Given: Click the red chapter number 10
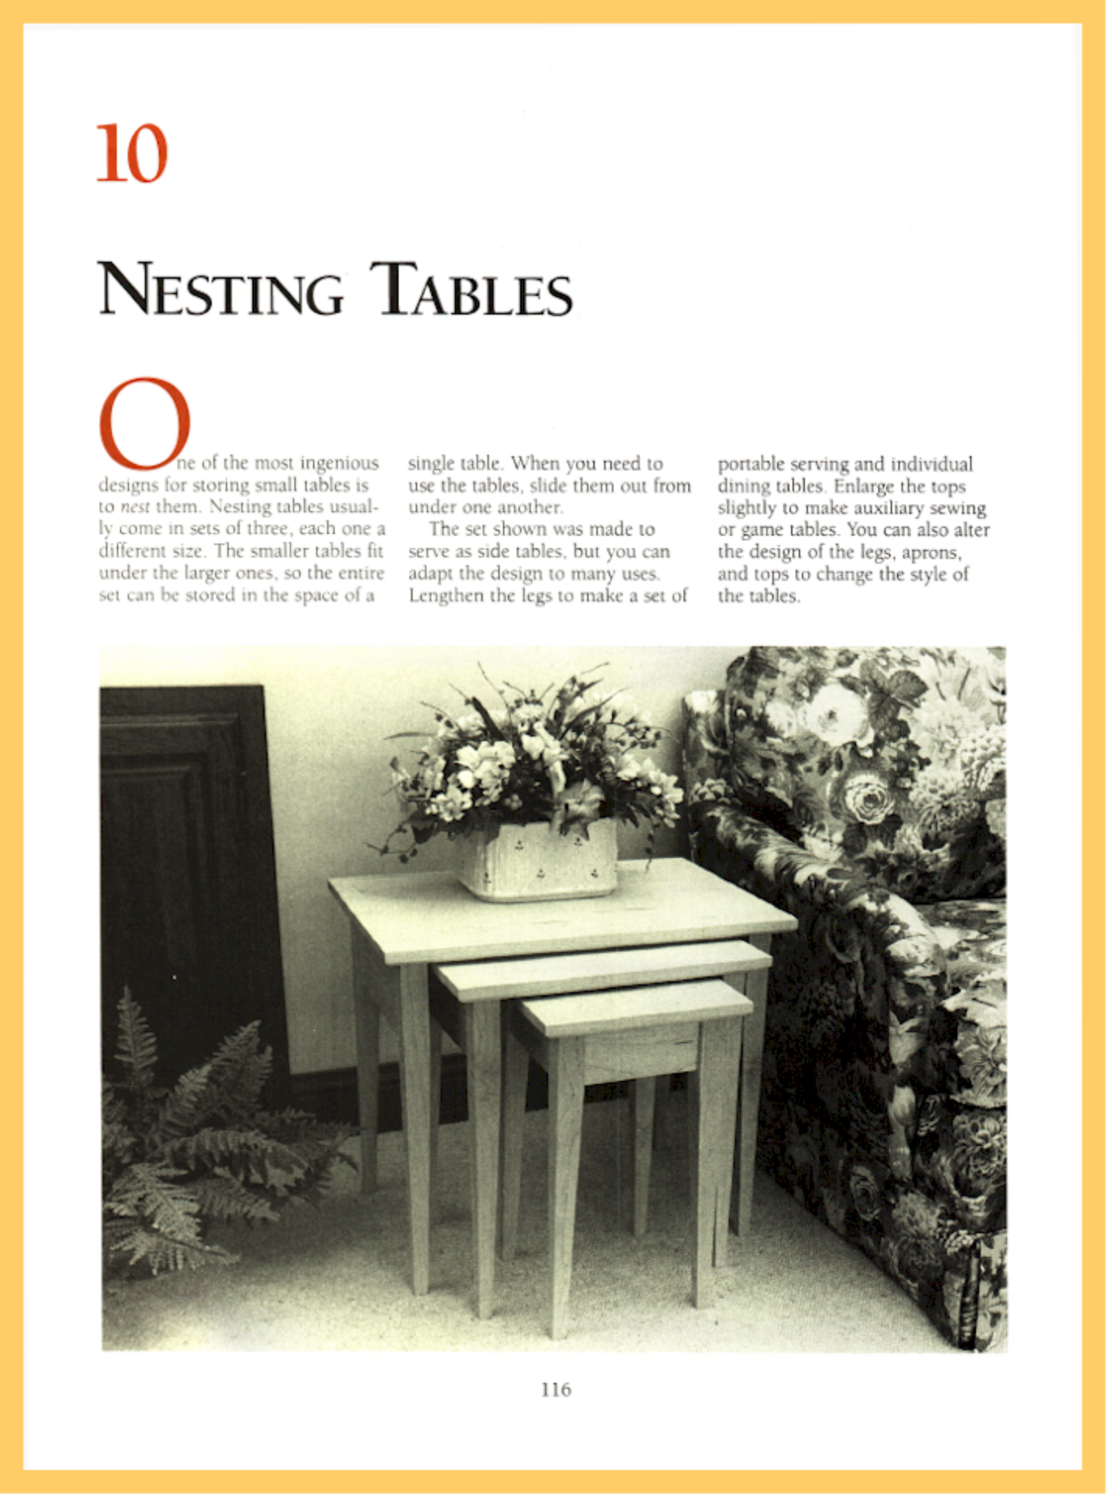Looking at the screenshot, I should coord(132,153).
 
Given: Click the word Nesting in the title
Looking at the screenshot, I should coord(220,292).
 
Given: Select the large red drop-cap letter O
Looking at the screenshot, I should coord(144,424).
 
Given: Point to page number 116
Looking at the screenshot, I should coord(556,1389).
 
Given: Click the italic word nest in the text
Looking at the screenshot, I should coord(135,507).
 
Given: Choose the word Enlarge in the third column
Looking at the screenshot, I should coord(861,486).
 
